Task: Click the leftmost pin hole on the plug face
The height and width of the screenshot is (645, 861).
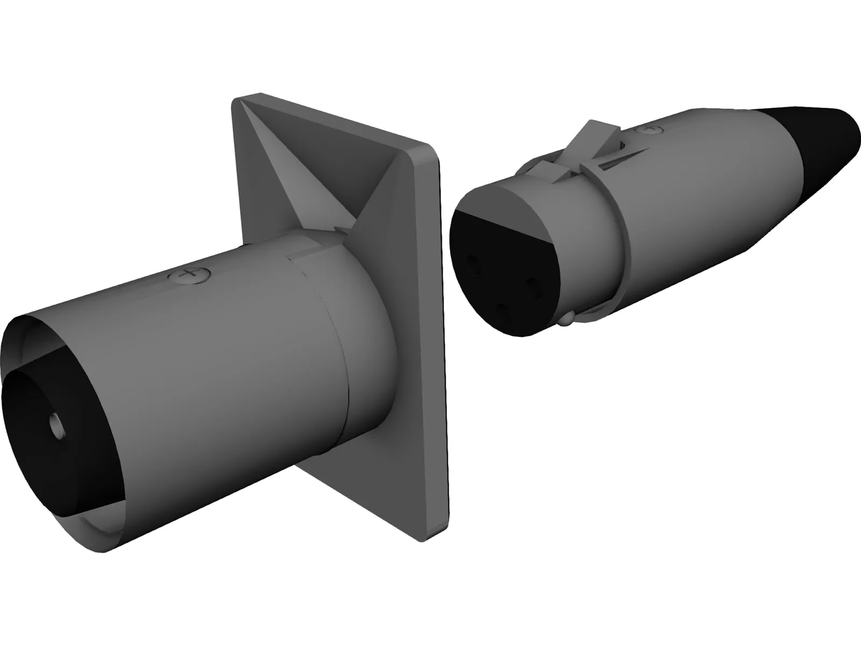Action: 474,263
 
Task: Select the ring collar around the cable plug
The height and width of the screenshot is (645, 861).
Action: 619,226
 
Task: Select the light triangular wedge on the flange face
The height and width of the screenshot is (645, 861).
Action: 301,172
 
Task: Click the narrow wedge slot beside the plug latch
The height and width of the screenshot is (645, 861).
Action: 619,159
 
